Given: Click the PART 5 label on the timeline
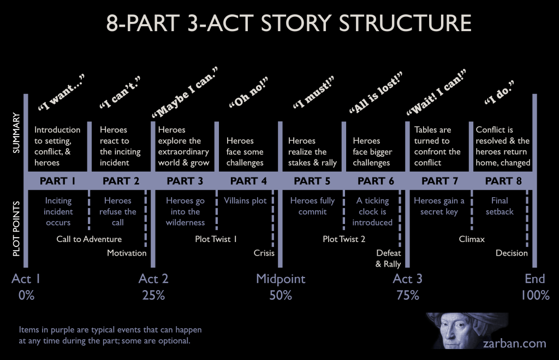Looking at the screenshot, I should click(312, 181).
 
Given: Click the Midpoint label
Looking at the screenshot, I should click(281, 279).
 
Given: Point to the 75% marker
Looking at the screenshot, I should click(408, 296).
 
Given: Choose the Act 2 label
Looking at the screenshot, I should click(153, 279).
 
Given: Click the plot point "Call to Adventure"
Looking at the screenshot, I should click(89, 239).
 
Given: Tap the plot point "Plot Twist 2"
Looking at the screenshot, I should click(344, 239).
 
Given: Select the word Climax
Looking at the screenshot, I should click(472, 239).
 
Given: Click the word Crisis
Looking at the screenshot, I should click(264, 253).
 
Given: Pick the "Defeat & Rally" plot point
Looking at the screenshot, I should click(388, 258).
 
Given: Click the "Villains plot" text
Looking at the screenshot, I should click(245, 200).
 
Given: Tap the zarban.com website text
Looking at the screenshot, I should click(514, 343).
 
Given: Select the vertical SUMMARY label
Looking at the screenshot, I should click(16, 133).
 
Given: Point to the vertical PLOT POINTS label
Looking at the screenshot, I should click(16, 229).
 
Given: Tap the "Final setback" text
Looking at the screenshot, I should click(499, 206).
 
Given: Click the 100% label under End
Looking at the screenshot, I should click(535, 296).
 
